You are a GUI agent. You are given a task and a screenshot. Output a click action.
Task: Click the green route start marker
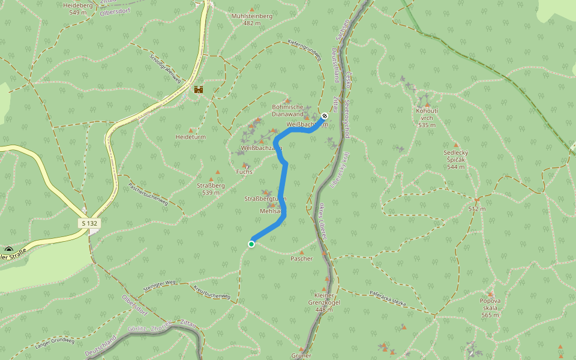pos(251,244)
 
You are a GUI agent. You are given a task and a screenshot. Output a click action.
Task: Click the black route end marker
pos(325,115)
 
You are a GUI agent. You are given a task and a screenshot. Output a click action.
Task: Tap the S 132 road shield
pos(89,223)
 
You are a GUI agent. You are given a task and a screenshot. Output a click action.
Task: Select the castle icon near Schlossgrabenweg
pos(198,89)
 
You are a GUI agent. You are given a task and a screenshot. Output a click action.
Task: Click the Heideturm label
pos(191,137)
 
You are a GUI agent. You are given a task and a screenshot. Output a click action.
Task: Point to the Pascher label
pos(302,259)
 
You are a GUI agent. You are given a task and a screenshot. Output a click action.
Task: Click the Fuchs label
pos(245,172)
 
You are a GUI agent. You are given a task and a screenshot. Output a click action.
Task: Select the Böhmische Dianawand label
pos(288,110)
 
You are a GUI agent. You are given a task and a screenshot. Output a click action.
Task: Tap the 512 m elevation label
pos(476,209)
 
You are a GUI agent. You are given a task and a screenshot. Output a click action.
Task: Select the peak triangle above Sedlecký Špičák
pos(456,145)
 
